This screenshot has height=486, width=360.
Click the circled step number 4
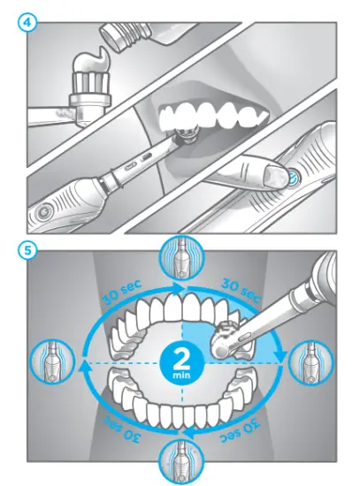tap(28, 20)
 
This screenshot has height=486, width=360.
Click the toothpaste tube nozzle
tap(113, 34)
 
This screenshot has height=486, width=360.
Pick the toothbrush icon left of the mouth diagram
tap(48, 362)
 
